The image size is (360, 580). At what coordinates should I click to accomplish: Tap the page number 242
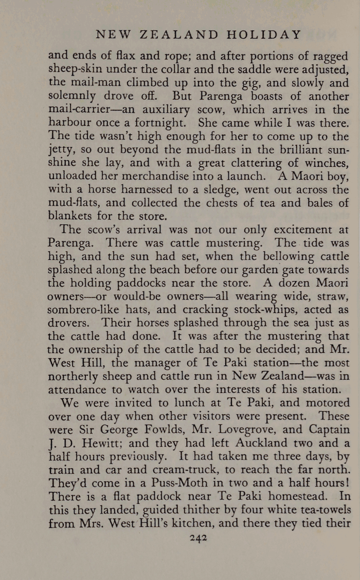point(198,538)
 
